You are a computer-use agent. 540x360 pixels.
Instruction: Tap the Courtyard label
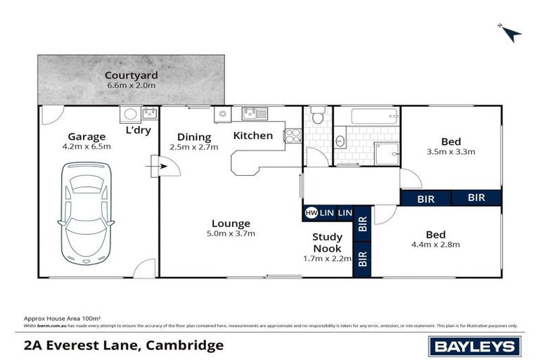tap(131, 75)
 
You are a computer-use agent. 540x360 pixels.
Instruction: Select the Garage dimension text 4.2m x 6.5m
tap(86, 148)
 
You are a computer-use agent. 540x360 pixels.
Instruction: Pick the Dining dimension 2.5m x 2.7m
tap(194, 148)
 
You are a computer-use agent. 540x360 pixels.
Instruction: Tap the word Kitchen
tap(252, 135)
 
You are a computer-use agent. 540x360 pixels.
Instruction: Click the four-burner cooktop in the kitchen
tap(292, 134)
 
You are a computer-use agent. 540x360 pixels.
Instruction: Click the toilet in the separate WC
tap(317, 115)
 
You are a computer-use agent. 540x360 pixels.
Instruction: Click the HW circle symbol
tap(310, 212)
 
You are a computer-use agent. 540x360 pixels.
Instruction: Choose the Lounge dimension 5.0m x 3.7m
tap(231, 234)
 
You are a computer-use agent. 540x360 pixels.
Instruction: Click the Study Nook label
tap(327, 243)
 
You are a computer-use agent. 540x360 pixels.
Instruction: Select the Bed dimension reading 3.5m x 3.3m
tap(451, 151)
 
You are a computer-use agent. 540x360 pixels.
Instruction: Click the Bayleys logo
tap(474, 346)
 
